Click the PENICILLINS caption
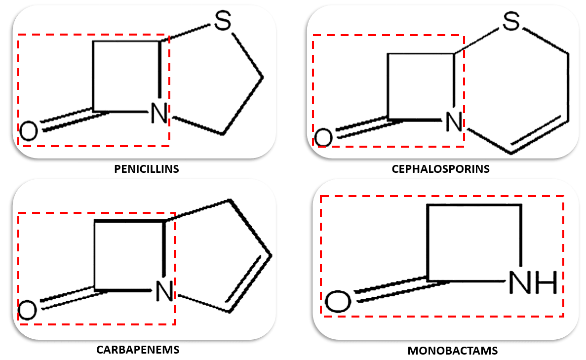[146, 169]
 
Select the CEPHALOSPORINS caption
[440, 169]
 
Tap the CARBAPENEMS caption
[138, 350]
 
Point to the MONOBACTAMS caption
[453, 351]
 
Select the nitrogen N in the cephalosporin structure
[454, 121]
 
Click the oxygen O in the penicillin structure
[28, 132]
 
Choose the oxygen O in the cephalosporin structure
[323, 137]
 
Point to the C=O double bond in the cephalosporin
[361, 126]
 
